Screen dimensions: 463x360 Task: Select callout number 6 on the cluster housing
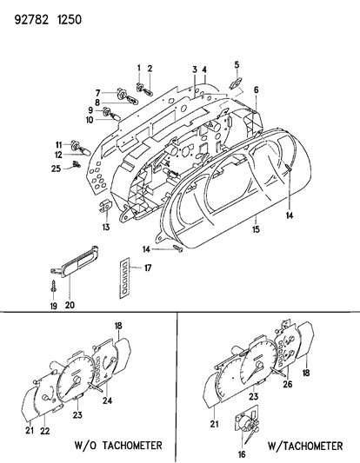[x=256, y=90]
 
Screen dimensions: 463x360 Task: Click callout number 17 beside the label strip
[x=149, y=268]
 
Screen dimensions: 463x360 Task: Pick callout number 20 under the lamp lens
[x=70, y=305]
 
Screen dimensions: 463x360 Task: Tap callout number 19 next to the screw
[x=52, y=305]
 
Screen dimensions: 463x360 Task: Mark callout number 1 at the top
[x=137, y=68]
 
